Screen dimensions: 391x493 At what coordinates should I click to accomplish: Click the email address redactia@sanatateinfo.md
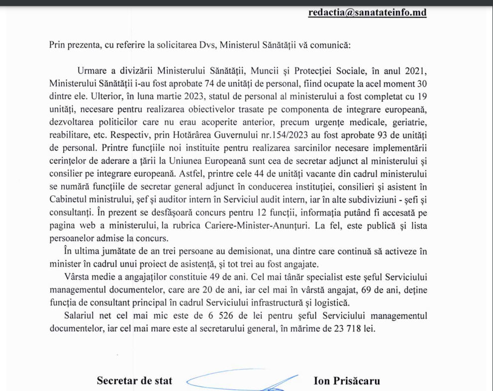368,13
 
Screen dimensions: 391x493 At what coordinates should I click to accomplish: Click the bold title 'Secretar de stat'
134,381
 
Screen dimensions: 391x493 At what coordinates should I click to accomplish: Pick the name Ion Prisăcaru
347,381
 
